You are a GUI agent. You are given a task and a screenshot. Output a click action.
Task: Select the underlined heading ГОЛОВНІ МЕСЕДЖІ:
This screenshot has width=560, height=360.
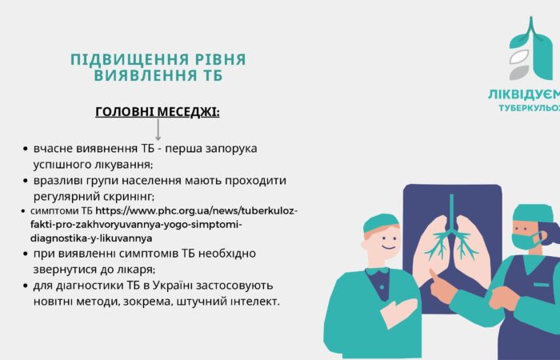point(158,111)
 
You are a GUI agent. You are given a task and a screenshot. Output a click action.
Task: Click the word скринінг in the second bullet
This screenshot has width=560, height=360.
point(128,196)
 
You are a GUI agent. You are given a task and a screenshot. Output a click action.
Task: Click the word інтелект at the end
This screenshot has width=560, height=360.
point(249,301)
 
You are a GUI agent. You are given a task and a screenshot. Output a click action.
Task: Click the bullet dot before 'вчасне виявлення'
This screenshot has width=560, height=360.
point(26,150)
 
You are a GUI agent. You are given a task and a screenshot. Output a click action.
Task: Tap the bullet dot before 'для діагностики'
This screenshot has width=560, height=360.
point(26,286)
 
